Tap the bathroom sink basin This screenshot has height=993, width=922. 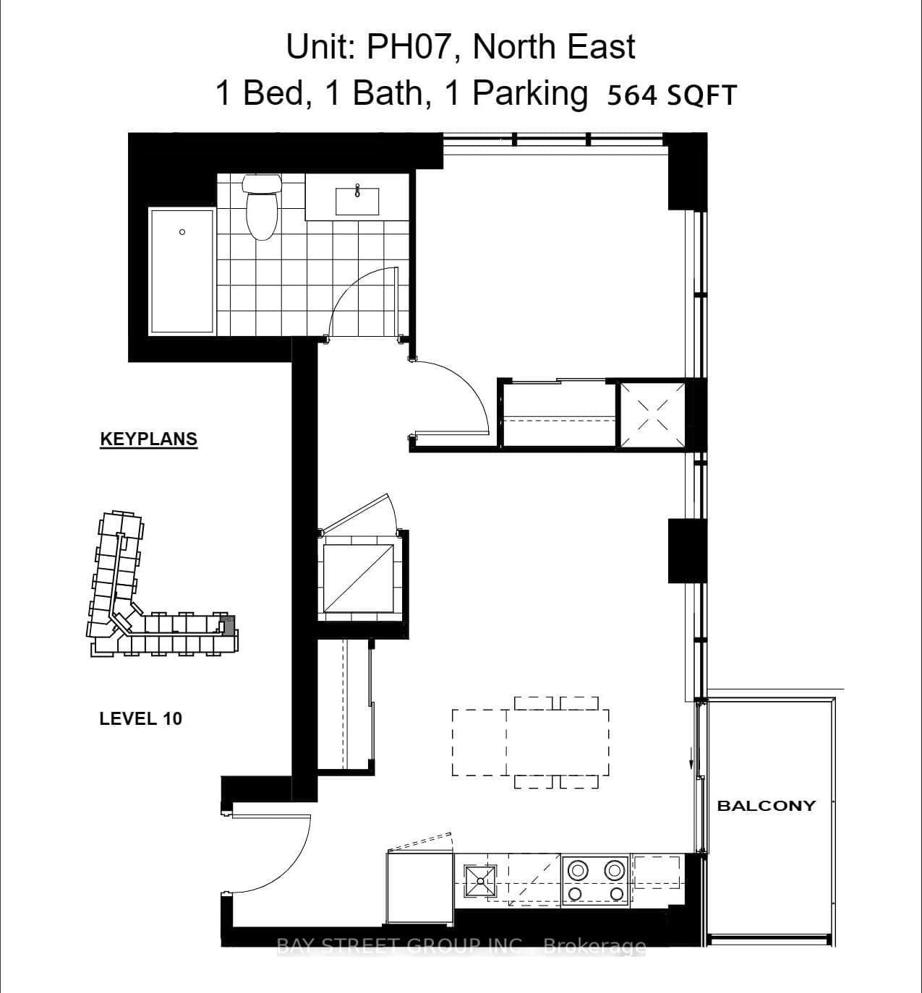click(x=357, y=200)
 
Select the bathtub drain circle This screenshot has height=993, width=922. click(x=182, y=232)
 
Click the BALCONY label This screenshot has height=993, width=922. click(x=766, y=805)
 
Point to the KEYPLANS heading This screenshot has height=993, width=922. click(x=148, y=439)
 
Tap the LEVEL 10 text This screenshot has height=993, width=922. click(x=140, y=718)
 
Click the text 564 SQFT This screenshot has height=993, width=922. click(x=671, y=95)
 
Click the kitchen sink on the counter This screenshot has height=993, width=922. click(x=481, y=878)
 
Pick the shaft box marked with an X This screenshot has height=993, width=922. click(x=652, y=416)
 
